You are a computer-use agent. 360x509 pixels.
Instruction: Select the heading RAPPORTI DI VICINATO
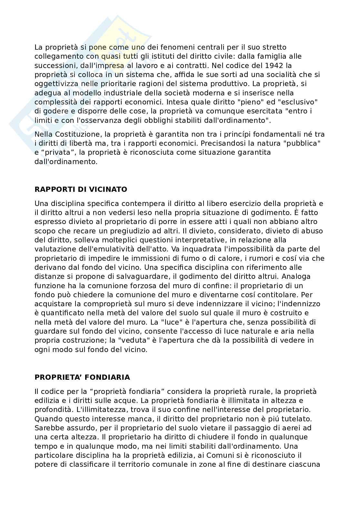tap(81, 190)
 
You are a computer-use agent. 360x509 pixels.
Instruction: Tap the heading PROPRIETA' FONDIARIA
tap(82, 377)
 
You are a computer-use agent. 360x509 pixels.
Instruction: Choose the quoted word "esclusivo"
tap(298, 102)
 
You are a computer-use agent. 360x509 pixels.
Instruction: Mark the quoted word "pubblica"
tap(304, 143)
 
